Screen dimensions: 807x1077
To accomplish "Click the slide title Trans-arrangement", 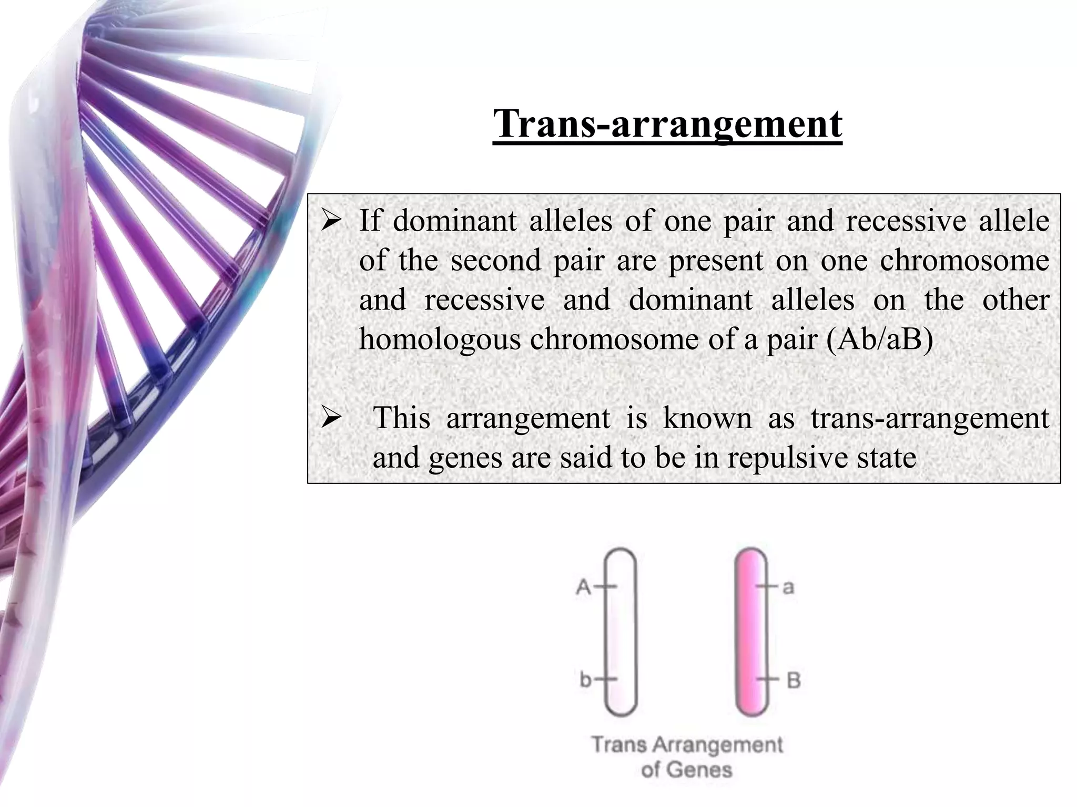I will pos(667,124).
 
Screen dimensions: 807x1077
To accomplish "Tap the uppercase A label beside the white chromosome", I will pos(583,586).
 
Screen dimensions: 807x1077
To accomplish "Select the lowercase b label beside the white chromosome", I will pos(585,679).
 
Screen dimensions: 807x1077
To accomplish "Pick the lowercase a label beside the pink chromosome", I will pos(788,587).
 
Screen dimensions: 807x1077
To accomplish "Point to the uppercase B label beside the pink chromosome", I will pos(793,680).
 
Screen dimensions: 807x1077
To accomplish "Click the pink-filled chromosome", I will pos(751,633).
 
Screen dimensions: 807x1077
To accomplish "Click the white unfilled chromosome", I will pos(621,633).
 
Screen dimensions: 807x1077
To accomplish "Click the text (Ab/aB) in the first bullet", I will pos(880,339).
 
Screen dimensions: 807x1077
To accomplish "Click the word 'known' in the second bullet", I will pos(707,419).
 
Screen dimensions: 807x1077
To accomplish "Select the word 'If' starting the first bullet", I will pos(370,221).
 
